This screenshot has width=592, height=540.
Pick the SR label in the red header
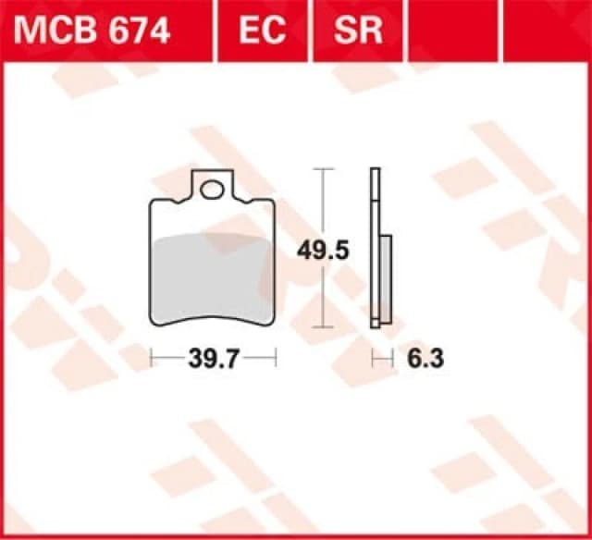pyautogui.click(x=358, y=31)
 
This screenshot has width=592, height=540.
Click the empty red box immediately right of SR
pyautogui.click(x=453, y=28)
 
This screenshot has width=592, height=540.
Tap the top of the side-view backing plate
pyautogui.click(x=375, y=172)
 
